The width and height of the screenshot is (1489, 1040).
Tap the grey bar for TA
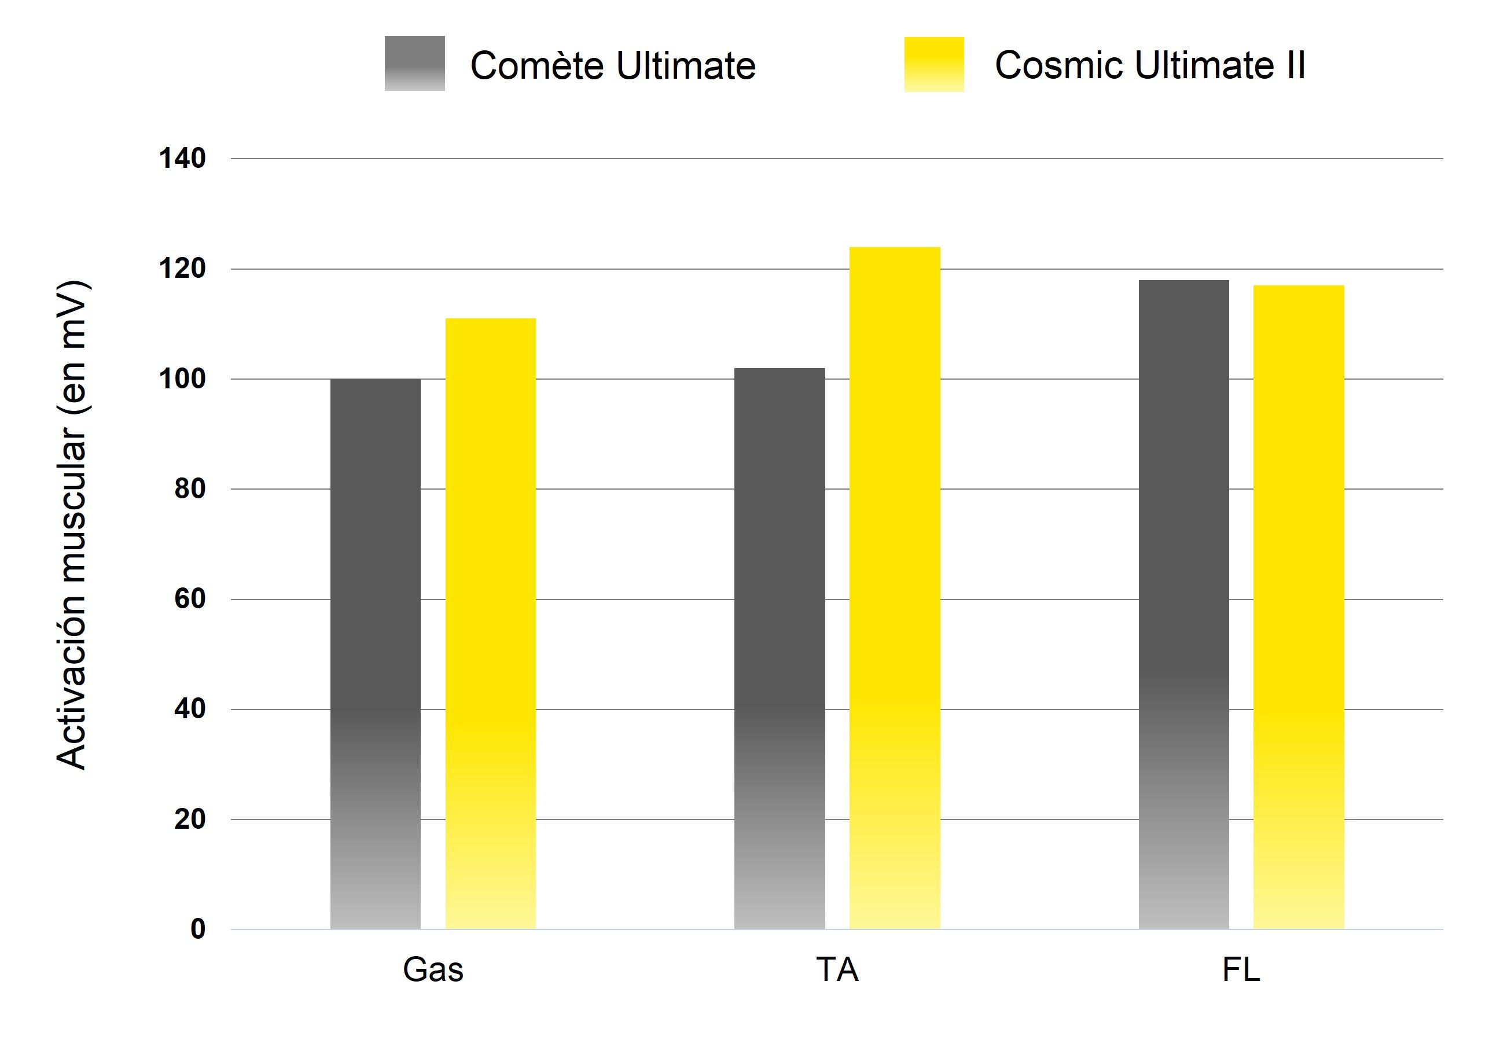pos(780,648)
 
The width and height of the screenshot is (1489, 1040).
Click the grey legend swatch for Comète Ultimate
pos(414,64)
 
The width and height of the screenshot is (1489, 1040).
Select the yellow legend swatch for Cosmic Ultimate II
pos(934,64)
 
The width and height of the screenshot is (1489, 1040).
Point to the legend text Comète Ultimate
pos(613,65)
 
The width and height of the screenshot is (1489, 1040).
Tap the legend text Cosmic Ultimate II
pos(1150,65)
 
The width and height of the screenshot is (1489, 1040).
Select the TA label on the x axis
pos(837,970)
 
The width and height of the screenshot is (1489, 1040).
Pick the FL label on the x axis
pos(1241,970)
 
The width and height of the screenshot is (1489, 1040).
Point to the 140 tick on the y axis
pos(182,158)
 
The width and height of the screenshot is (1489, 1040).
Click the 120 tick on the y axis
pos(182,269)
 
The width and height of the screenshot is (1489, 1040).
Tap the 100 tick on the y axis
pos(182,378)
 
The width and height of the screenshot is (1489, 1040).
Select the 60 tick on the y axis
pos(189,598)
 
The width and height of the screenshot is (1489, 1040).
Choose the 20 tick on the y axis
pos(189,819)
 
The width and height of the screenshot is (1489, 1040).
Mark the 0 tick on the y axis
pos(198,929)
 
